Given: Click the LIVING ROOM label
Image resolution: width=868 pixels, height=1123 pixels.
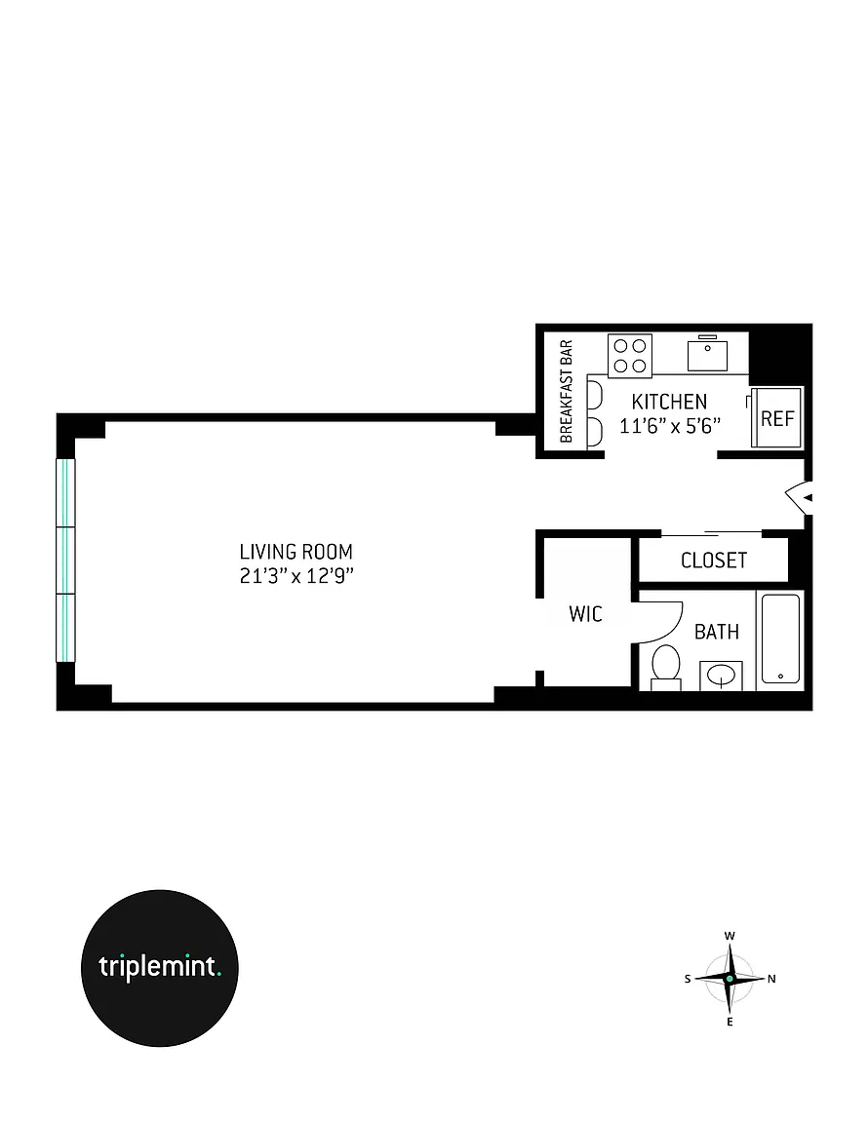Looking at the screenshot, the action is [x=296, y=552].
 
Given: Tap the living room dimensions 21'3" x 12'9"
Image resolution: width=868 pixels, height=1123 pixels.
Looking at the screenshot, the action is [x=296, y=576].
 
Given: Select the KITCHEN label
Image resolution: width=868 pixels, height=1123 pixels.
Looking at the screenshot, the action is [x=669, y=401].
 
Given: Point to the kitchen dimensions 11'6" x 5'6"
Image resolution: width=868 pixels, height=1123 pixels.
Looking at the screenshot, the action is [x=669, y=425].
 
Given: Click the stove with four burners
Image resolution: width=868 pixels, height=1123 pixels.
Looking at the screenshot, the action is [x=630, y=356].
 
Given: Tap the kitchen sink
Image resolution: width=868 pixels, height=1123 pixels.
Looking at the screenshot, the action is [x=707, y=355].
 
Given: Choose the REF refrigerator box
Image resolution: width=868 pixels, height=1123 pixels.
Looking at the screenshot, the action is [x=777, y=418].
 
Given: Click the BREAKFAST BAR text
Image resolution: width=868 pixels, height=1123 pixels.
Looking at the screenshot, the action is [x=567, y=391].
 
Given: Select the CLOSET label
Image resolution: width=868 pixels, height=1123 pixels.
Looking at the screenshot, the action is [x=714, y=561].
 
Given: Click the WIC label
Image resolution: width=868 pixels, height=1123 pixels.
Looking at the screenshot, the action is [x=585, y=614].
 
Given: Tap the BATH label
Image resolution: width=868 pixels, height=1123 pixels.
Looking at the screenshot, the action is [x=717, y=632].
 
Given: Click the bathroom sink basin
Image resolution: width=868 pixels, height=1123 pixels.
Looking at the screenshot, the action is [x=721, y=675].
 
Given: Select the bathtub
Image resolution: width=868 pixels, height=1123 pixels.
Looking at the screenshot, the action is [x=780, y=639].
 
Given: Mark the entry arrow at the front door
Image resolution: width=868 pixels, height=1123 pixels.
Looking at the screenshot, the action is [x=800, y=497].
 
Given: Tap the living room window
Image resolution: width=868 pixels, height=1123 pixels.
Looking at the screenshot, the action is [x=65, y=561].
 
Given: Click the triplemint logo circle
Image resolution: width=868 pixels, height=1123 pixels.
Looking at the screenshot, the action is [x=160, y=968].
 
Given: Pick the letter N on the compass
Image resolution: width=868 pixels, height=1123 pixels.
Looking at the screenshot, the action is [x=772, y=979].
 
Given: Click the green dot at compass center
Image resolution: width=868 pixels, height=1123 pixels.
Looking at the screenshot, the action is [x=730, y=979].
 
